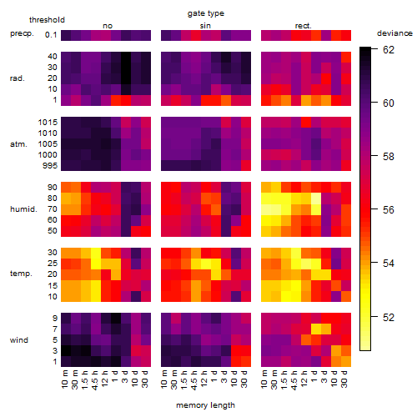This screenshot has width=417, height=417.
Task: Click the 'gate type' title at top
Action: [x=206, y=13]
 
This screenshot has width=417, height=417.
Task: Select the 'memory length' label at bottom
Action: [x=205, y=405]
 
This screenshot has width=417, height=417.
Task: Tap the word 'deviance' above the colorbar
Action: [x=394, y=33]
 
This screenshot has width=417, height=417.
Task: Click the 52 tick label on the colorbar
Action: [x=389, y=317]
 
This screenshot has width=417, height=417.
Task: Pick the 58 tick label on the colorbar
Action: [x=389, y=157]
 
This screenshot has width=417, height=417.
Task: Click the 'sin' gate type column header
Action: [x=205, y=26]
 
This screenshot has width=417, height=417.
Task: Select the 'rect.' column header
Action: [x=304, y=26]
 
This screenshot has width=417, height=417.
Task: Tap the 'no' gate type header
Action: [x=108, y=26]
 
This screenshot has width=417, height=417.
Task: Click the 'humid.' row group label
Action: [x=23, y=209]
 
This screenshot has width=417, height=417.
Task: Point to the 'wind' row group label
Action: [x=19, y=340]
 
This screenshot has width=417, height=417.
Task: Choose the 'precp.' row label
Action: [x=22, y=34]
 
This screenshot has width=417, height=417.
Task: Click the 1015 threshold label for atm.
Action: [x=48, y=123]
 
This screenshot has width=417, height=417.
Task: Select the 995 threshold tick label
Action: [x=50, y=166]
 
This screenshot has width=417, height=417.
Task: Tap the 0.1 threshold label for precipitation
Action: [x=51, y=35]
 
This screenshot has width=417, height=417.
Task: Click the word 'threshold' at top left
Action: [x=47, y=20]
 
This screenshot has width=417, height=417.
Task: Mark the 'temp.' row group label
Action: [x=21, y=274]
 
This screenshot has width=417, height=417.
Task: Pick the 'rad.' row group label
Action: [x=18, y=78]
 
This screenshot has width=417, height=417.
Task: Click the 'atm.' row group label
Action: [x=18, y=144]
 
